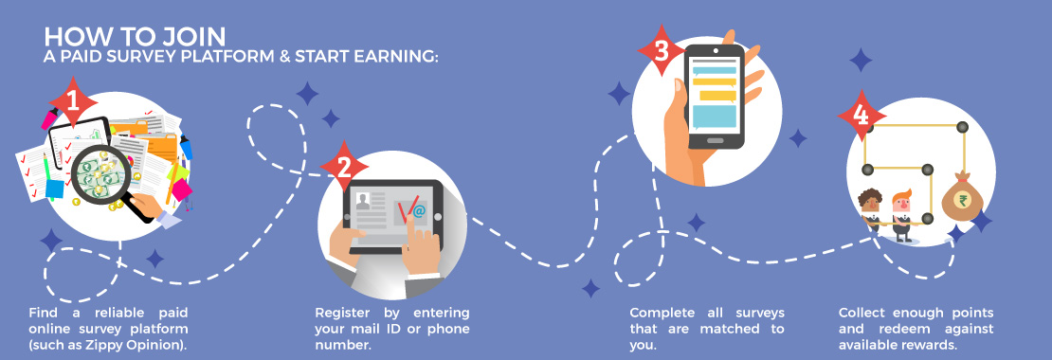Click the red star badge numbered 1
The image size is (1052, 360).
tap(73, 103)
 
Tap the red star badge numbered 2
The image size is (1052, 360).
tap(344, 166)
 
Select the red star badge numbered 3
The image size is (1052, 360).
tap(661, 50)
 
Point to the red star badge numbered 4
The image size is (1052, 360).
tap(862, 115)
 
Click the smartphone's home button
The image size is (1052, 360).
tap(716, 140)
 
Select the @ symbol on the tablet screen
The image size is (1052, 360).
tap(419, 212)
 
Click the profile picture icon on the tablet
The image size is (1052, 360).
tap(363, 201)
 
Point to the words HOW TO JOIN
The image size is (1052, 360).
tap(135, 36)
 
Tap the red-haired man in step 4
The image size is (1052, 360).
tap(901, 215)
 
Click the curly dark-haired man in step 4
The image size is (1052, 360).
tap(870, 210)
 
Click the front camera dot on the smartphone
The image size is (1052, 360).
tap(716, 50)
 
